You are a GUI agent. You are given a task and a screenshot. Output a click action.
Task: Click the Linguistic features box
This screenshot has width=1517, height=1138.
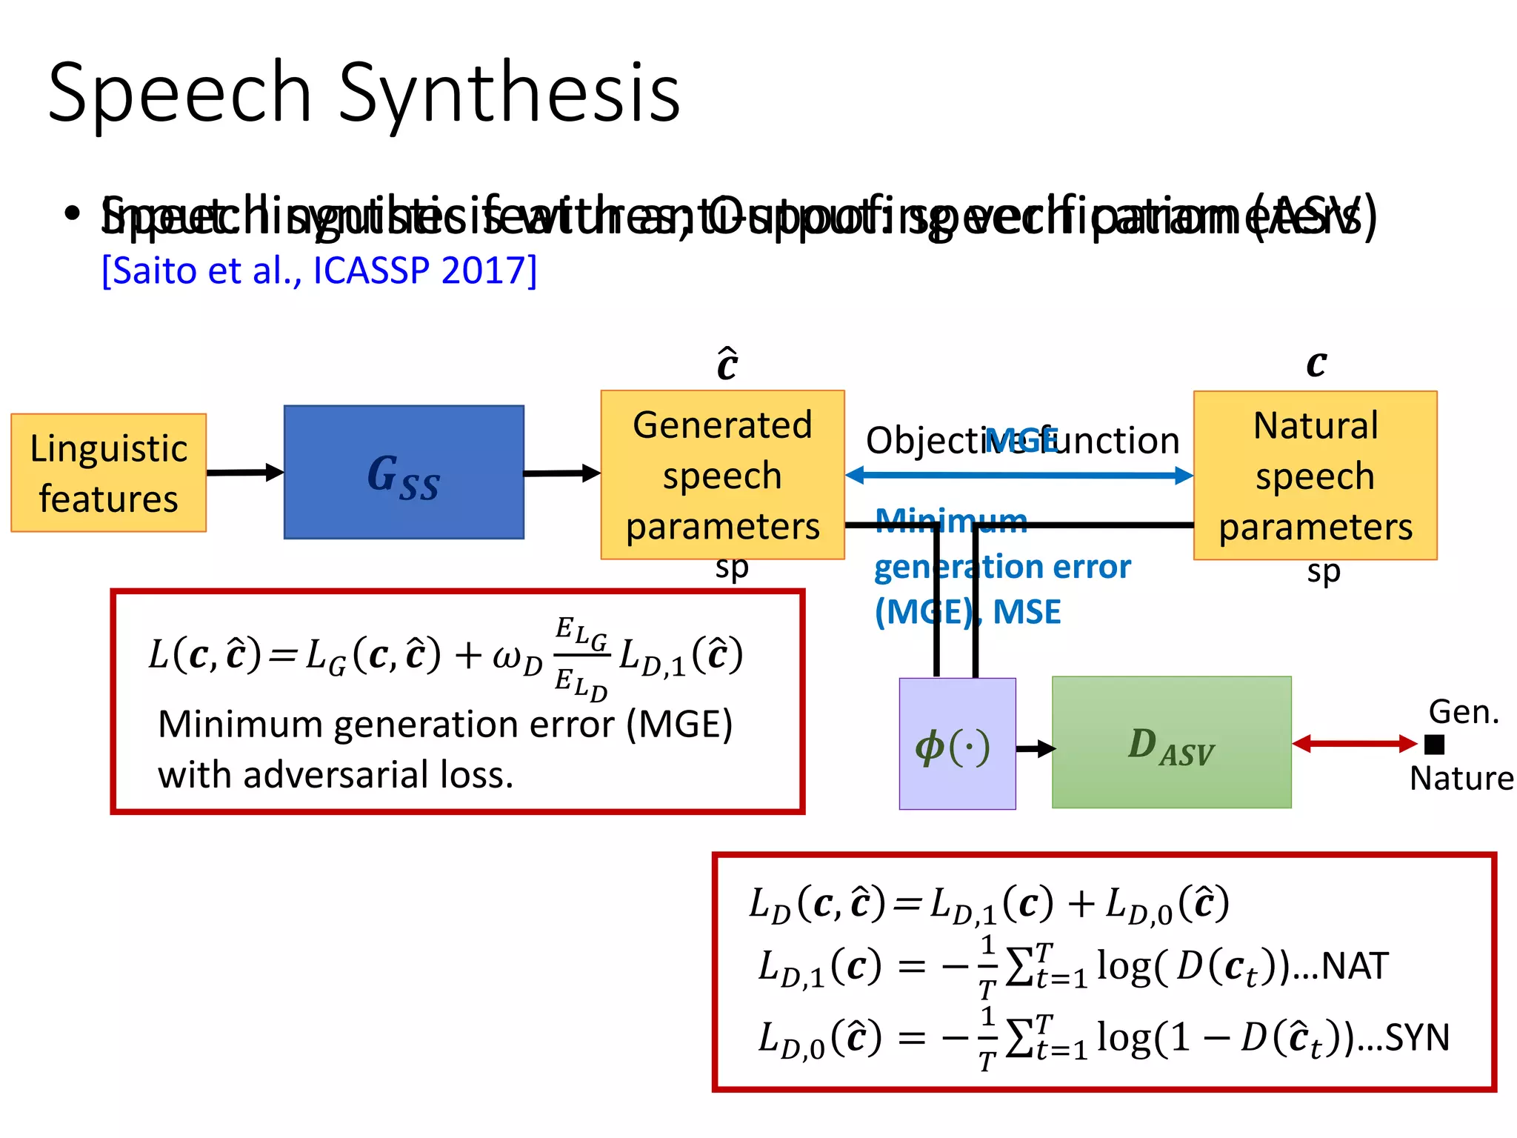pyautogui.click(x=108, y=473)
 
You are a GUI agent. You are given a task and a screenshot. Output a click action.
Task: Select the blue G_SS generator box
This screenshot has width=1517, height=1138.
pyautogui.click(x=404, y=472)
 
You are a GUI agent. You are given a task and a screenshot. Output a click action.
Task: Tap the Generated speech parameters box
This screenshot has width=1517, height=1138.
pyautogui.click(x=722, y=474)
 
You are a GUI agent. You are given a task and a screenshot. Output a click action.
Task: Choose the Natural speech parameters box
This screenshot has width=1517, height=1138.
pyautogui.click(x=1315, y=475)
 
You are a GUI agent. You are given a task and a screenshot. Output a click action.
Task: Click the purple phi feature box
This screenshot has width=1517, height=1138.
pyautogui.click(x=957, y=744)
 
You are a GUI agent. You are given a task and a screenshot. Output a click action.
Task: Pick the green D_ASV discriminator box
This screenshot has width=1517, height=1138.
pyautogui.click(x=1171, y=742)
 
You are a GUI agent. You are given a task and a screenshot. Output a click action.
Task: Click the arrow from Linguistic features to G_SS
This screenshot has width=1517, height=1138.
pyautogui.click(x=244, y=473)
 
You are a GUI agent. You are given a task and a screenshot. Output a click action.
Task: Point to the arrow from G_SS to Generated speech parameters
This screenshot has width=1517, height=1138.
pyautogui.click(x=561, y=473)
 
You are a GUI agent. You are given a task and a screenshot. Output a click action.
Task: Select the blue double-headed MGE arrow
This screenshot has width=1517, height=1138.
pyautogui.click(x=1018, y=476)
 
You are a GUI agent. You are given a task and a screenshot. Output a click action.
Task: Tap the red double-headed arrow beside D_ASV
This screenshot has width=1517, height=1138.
pyautogui.click(x=1354, y=744)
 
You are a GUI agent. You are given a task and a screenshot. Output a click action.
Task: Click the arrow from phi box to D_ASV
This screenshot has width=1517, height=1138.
pyautogui.click(x=1035, y=749)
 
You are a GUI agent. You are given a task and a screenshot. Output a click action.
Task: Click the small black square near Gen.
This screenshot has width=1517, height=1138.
pyautogui.click(x=1434, y=744)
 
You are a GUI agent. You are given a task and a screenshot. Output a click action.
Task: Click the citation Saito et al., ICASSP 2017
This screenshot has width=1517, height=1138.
pyautogui.click(x=319, y=270)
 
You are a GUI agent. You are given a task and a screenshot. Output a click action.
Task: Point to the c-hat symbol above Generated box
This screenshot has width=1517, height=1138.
pyautogui.click(x=727, y=363)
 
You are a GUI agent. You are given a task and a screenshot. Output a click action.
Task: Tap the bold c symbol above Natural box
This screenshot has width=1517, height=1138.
pyautogui.click(x=1316, y=363)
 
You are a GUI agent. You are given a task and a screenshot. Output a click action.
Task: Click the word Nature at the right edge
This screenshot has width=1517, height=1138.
pyautogui.click(x=1461, y=779)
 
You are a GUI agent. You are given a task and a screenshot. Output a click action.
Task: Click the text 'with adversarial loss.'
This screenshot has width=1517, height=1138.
pyautogui.click(x=336, y=775)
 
